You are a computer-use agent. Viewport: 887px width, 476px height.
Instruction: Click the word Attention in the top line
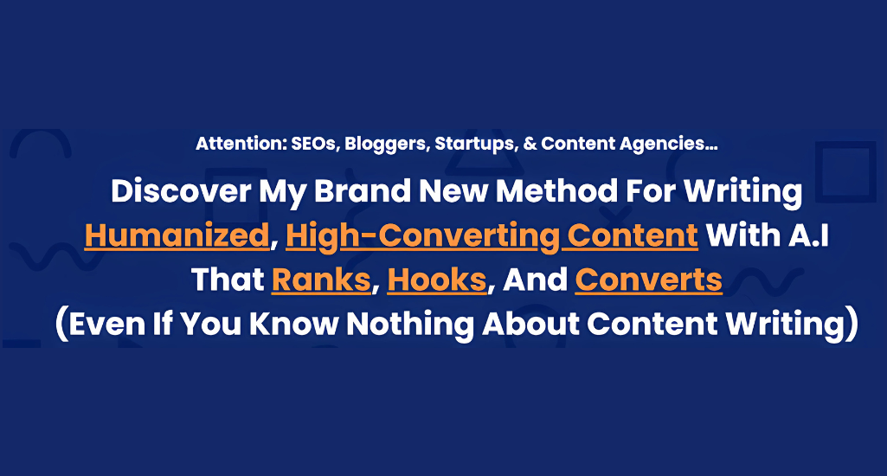click(x=241, y=144)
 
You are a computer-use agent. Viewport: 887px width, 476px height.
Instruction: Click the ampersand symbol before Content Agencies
click(x=530, y=144)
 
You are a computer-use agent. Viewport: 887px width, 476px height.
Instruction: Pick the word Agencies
click(x=668, y=145)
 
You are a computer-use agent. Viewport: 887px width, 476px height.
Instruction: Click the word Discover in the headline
click(x=181, y=190)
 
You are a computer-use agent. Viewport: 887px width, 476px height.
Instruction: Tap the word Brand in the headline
click(x=362, y=190)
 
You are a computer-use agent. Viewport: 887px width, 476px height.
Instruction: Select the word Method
click(x=556, y=190)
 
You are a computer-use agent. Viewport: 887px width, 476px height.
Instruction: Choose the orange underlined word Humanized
click(x=177, y=235)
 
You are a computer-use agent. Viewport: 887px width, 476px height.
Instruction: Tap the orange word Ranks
click(x=321, y=280)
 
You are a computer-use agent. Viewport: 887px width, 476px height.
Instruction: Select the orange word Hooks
click(x=437, y=280)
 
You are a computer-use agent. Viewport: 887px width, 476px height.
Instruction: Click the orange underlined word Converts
click(x=648, y=280)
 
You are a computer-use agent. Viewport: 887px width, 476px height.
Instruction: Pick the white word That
click(x=228, y=280)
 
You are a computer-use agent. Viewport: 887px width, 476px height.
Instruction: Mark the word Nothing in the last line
click(x=410, y=325)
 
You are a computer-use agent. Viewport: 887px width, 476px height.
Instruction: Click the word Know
click(x=293, y=324)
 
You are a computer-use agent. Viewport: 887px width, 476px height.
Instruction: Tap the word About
click(x=530, y=324)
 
